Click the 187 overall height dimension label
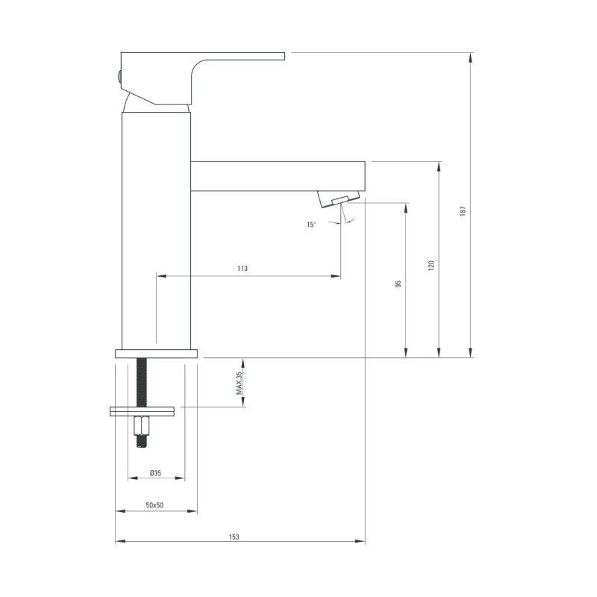point(463,211)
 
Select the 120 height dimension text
point(431,266)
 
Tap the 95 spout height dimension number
point(398,284)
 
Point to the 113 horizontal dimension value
point(242,269)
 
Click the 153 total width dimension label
point(234,537)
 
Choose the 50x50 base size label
point(154,505)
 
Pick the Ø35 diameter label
point(155,473)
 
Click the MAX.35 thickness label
point(239,382)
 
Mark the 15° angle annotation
point(311,225)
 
